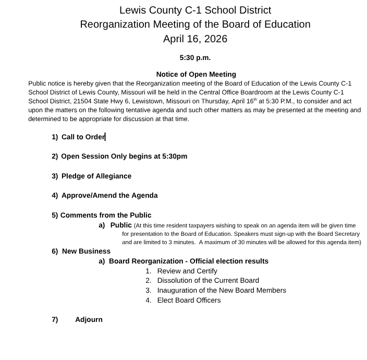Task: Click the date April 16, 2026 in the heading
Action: tap(195, 39)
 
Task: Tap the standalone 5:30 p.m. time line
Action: tap(195, 58)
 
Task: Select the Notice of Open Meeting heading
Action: tap(196, 74)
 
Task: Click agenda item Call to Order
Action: tap(83, 137)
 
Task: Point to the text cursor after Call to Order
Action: tap(105, 137)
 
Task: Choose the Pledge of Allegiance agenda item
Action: tap(96, 176)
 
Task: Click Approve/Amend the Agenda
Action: tap(109, 195)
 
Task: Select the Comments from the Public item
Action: tap(105, 215)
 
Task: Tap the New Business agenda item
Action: tap(85, 251)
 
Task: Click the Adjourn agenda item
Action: tap(89, 319)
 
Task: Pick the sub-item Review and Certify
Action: tap(187, 271)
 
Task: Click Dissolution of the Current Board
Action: tap(207, 280)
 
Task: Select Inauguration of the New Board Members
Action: tap(221, 290)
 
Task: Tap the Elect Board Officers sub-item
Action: tap(189, 300)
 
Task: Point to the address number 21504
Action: tap(83, 101)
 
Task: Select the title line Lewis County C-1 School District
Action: tap(195, 10)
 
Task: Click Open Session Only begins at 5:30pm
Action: tap(124, 156)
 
